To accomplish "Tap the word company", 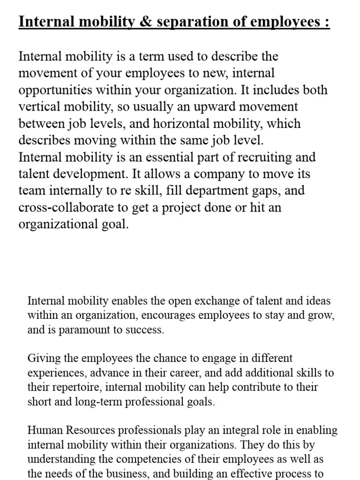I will (x=220, y=174).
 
